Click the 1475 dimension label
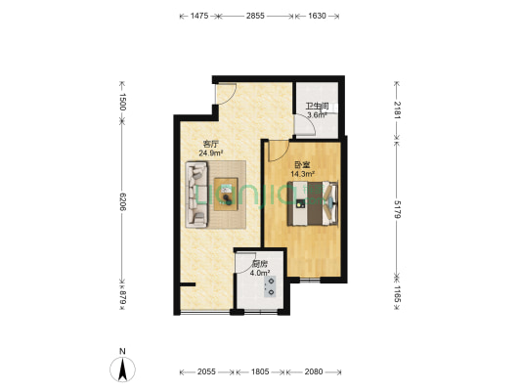pyautogui.click(x=199, y=16)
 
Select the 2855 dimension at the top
pyautogui.click(x=255, y=16)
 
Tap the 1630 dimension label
pyautogui.click(x=317, y=16)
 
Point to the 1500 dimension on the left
pyautogui.click(x=122, y=102)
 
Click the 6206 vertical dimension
pyautogui.click(x=122, y=201)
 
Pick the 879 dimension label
pyautogui.click(x=122, y=297)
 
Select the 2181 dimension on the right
pyautogui.click(x=398, y=109)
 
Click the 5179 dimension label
pyautogui.click(x=398, y=209)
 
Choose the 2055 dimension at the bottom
pyautogui.click(x=206, y=371)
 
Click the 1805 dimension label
pyautogui.click(x=260, y=371)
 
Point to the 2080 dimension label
pyautogui.click(x=314, y=371)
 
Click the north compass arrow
pyautogui.click(x=122, y=369)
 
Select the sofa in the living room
pyautogui.click(x=196, y=195)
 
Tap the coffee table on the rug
pyautogui.click(x=226, y=195)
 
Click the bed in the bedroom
pyautogui.click(x=313, y=203)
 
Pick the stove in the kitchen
pyautogui.click(x=270, y=286)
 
